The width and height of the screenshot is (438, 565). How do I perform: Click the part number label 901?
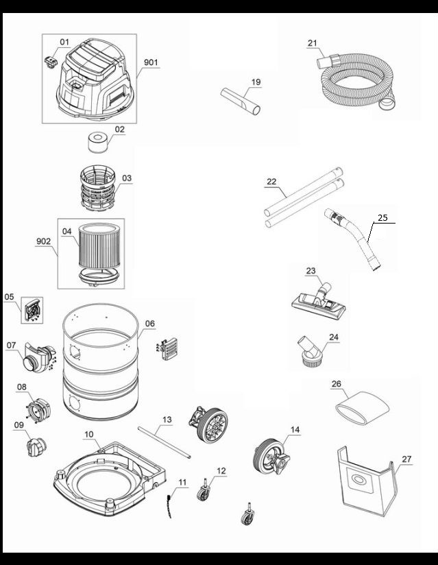[x=151, y=62]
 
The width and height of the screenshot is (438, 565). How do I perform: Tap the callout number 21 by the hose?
[x=313, y=43]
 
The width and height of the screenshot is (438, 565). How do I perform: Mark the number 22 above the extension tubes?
[x=271, y=182]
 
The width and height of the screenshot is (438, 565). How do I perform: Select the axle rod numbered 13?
[x=164, y=443]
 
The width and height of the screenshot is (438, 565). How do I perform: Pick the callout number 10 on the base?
[x=89, y=435]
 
